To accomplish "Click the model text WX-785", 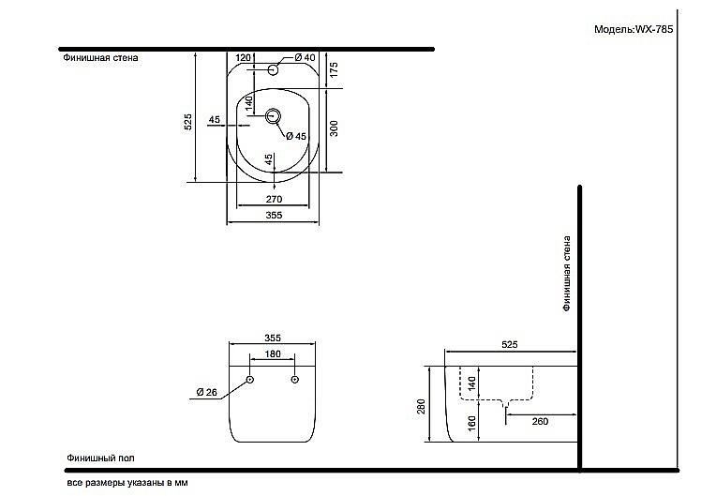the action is (653, 29).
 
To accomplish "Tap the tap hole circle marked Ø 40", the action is (273, 69).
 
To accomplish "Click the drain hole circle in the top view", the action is (273, 116).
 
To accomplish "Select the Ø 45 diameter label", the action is (296, 136).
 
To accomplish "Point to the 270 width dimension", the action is (274, 199).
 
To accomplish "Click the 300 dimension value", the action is (334, 128).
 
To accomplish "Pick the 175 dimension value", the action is (334, 69).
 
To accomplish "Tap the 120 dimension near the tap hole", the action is (243, 57).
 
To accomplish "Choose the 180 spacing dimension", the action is (273, 354).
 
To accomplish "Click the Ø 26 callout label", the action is (206, 392).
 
